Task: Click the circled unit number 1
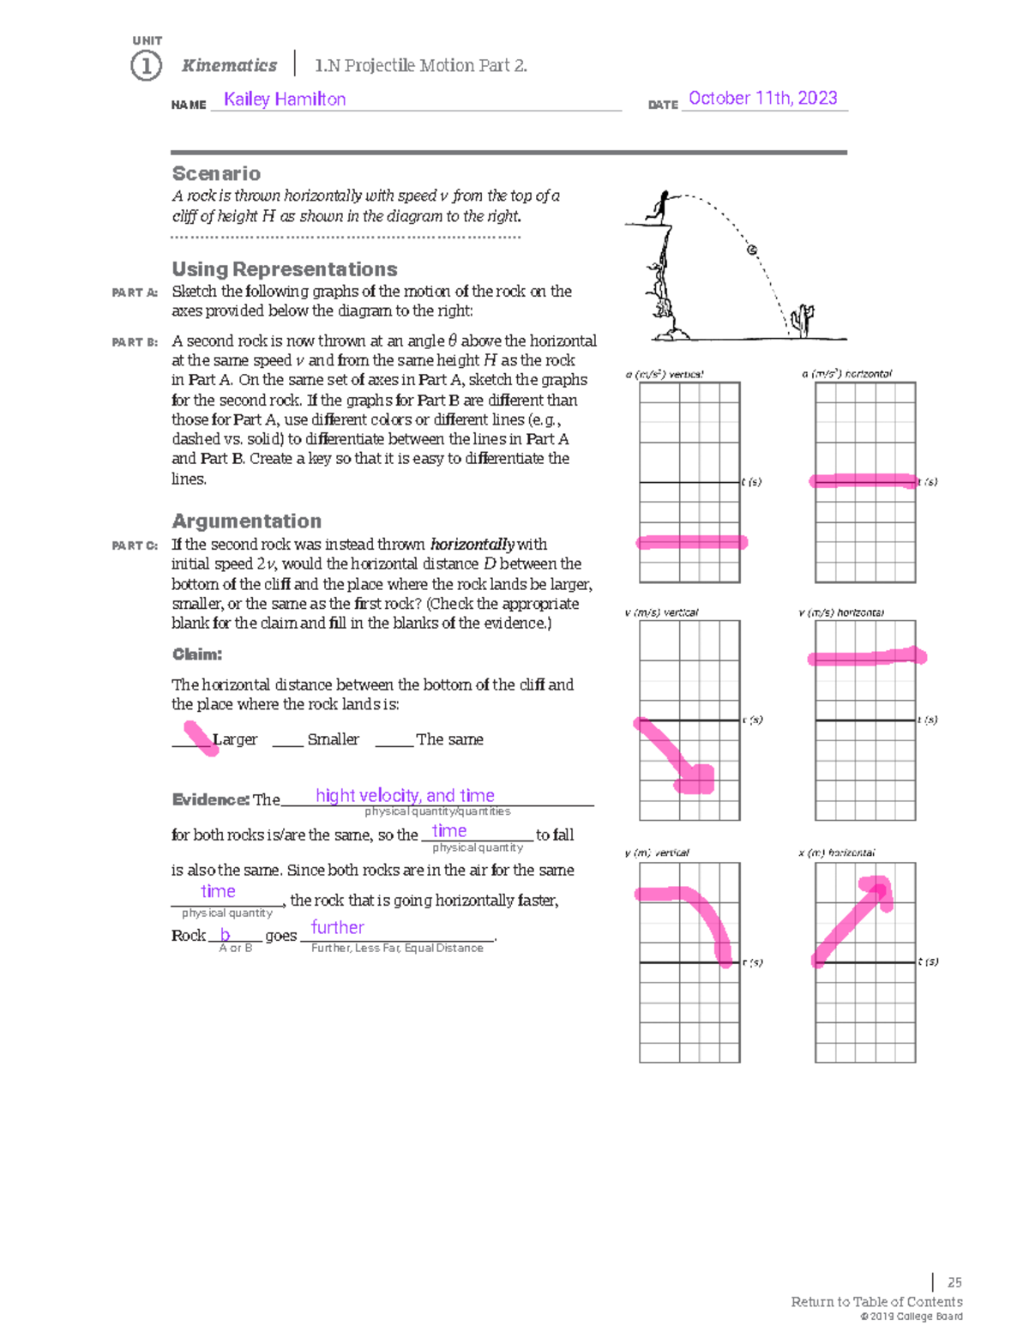coord(146,66)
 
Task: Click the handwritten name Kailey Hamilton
coord(285,99)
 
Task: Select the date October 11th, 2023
coord(762,99)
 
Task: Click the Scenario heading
coord(216,173)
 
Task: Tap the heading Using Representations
coord(284,269)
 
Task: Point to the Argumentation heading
coord(246,521)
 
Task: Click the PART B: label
coord(135,342)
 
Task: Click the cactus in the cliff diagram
coord(802,320)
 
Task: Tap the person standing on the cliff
coord(661,207)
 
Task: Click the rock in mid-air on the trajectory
coord(752,250)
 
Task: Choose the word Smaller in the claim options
coord(333,739)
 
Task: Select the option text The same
coord(449,739)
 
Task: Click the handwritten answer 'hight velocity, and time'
coord(405,796)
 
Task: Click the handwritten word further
coord(337,927)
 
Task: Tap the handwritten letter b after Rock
coord(226,935)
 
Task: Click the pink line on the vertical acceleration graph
coord(691,542)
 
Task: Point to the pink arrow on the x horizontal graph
coord(854,919)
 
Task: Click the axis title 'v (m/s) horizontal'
coord(840,612)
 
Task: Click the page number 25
coord(954,1282)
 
